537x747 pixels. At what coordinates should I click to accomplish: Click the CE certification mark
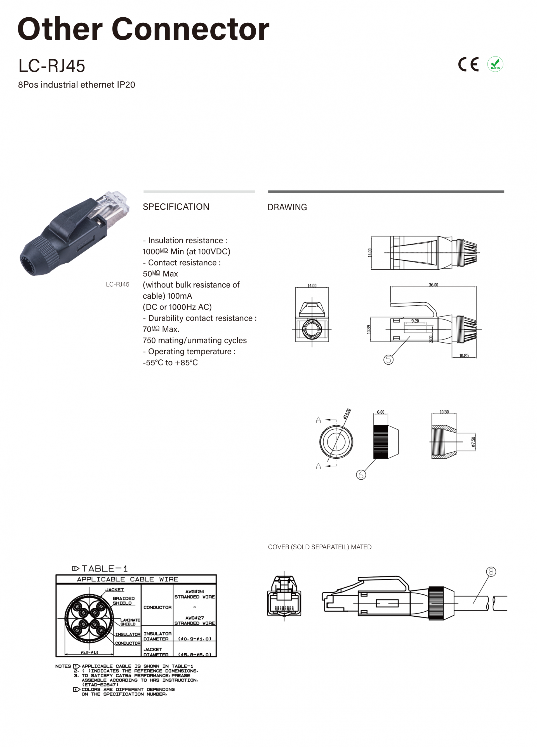tap(468, 64)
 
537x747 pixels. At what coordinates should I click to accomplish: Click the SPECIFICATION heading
tap(176, 207)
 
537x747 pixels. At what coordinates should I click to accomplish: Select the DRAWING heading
tap(287, 207)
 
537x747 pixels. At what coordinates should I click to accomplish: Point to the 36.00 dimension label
tap(433, 285)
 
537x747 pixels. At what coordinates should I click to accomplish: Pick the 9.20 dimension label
tap(415, 321)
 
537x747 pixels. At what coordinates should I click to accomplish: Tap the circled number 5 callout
tap(388, 360)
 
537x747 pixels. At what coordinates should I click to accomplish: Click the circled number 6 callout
tap(361, 475)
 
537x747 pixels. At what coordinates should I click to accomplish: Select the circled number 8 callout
tap(491, 571)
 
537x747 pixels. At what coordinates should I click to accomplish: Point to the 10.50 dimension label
tap(444, 412)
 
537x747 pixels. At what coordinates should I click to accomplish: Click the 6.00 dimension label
tap(380, 412)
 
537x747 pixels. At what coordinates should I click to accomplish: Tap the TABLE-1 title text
tap(104, 569)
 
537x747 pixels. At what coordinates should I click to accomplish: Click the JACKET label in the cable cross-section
tap(114, 590)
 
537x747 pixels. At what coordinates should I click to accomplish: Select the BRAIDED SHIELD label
tap(124, 600)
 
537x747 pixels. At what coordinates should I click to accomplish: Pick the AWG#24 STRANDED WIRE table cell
tap(194, 594)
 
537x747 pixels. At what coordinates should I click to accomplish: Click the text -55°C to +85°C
tap(170, 363)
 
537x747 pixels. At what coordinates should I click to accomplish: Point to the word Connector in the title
tap(190, 29)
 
